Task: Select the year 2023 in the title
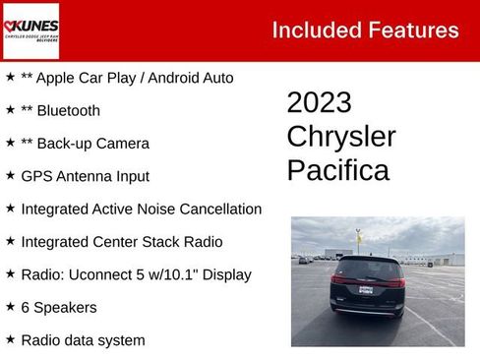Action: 319,103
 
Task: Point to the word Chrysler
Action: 340,137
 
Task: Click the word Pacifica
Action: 337,170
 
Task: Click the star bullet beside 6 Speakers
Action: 10,307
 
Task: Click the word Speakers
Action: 65,307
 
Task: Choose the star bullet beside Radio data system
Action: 10,339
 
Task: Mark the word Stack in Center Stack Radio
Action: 155,241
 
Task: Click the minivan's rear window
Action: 367,269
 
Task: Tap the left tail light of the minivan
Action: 338,280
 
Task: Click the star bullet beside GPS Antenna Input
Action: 10,176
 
